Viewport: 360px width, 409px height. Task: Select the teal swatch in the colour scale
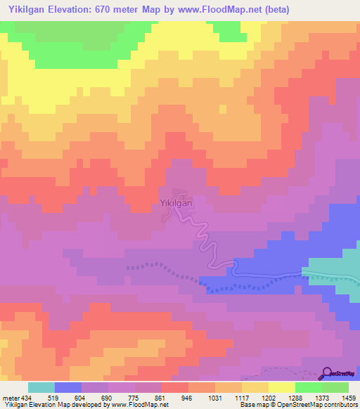pos(41,387)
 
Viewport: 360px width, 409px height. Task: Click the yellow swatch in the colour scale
pos(281,387)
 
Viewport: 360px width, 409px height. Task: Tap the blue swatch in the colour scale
pos(68,387)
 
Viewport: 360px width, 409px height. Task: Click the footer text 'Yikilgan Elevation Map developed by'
pos(53,405)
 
